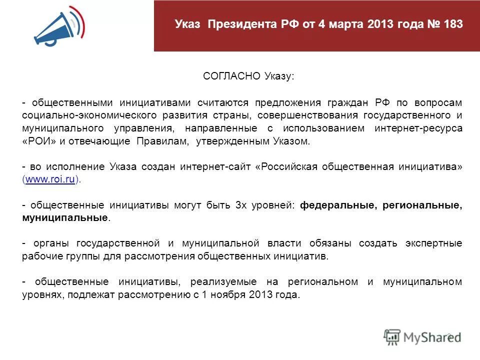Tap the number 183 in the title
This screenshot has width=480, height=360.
tap(452, 24)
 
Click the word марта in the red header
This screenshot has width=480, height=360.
tap(346, 24)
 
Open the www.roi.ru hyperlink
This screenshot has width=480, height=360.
tap(50, 180)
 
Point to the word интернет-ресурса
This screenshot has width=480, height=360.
tap(418, 128)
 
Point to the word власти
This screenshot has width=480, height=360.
tap(283, 243)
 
